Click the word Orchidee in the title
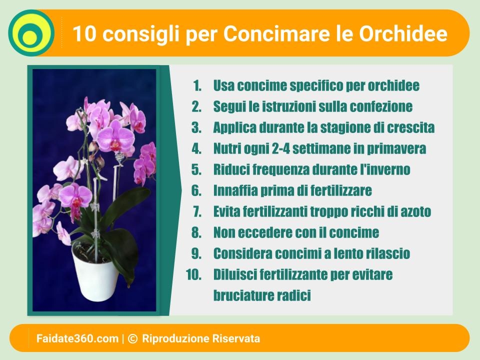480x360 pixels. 403,33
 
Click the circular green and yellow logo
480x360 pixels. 31,33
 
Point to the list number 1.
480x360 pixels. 197,85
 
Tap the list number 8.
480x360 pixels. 196,232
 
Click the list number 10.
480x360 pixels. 194,274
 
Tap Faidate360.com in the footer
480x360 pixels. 77,338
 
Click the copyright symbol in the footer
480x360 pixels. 132,338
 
